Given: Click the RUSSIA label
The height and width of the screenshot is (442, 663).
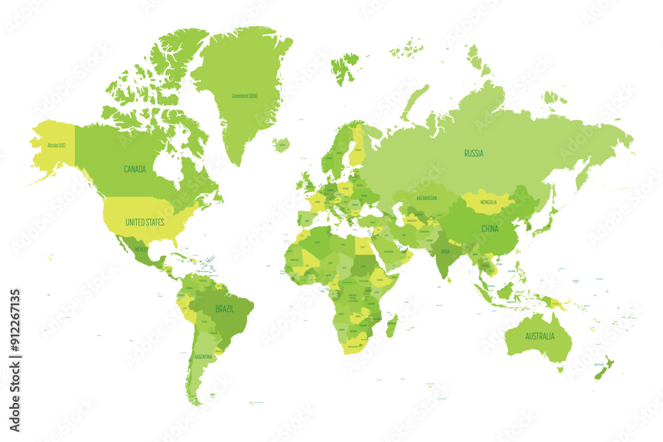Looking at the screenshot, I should [x=473, y=153].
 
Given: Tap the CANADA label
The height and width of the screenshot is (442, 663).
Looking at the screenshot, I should [x=135, y=169].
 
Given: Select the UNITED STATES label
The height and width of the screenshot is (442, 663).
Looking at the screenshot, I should [x=145, y=222].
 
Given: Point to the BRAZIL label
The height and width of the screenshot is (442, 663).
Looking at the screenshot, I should [x=224, y=308].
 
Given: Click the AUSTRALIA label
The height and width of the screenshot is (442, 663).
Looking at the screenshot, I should [x=540, y=336].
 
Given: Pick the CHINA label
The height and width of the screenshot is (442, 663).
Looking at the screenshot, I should [x=490, y=229].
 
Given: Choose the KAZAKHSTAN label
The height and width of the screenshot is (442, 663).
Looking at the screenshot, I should [x=426, y=198].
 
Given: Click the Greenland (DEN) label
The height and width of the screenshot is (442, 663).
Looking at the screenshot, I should [x=245, y=95].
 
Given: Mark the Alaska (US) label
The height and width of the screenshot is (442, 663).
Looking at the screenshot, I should [x=56, y=145].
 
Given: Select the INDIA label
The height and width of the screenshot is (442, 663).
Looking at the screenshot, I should [x=446, y=251].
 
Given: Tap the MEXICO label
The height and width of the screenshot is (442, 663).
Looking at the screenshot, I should [x=141, y=249].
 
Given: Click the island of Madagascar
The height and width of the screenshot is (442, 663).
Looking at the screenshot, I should [x=392, y=325].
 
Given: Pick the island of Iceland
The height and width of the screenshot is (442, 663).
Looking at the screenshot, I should [x=281, y=144].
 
